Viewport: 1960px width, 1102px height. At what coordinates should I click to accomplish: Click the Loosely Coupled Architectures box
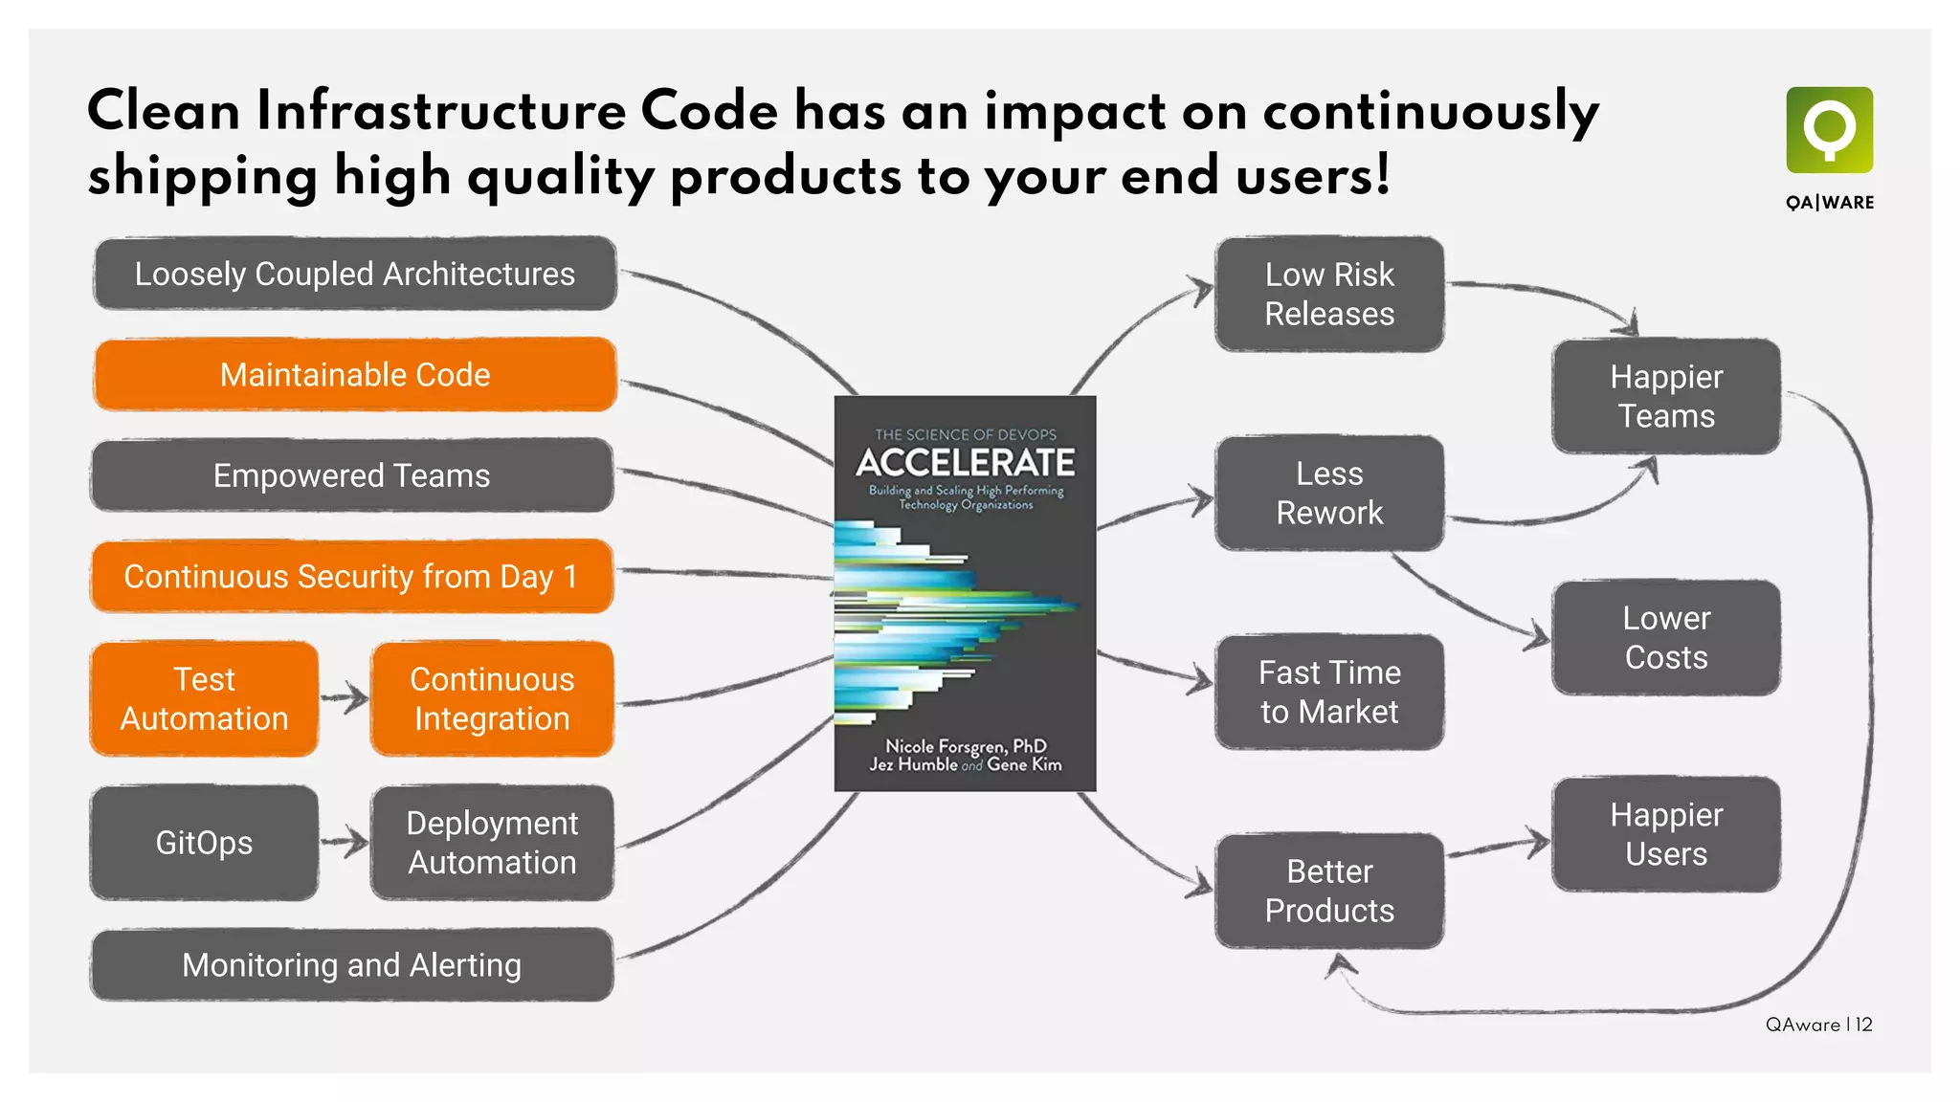[354, 274]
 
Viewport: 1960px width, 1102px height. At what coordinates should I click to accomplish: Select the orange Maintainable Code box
[354, 375]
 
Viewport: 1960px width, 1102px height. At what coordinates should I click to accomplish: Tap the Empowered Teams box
[351, 475]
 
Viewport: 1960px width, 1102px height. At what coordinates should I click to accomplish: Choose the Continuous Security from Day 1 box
[351, 576]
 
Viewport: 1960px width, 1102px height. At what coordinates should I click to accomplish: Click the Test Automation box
[204, 698]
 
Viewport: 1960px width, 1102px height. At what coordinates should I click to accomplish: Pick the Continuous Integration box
[492, 698]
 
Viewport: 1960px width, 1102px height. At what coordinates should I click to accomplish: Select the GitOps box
[204, 843]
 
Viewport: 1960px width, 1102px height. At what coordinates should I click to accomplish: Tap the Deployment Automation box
[492, 843]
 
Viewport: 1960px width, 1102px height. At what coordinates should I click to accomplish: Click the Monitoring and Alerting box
[351, 965]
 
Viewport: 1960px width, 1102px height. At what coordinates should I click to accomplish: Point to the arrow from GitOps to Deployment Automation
[345, 843]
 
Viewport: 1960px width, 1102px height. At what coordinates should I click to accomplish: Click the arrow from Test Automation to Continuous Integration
[345, 698]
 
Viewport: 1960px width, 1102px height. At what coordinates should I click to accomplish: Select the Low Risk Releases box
[1329, 294]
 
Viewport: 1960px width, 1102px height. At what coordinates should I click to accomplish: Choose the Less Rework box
[1329, 493]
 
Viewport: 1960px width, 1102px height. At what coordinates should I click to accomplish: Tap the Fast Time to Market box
[1329, 692]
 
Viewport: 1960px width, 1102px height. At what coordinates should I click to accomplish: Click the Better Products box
[1329, 891]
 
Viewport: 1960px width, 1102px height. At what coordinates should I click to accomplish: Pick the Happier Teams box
[1666, 396]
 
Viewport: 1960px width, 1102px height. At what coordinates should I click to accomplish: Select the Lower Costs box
[1666, 637]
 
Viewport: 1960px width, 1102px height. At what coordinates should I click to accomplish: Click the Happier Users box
[1666, 834]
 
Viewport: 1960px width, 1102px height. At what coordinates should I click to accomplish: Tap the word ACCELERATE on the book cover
[965, 463]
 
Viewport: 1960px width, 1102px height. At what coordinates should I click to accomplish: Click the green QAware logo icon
[1829, 130]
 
